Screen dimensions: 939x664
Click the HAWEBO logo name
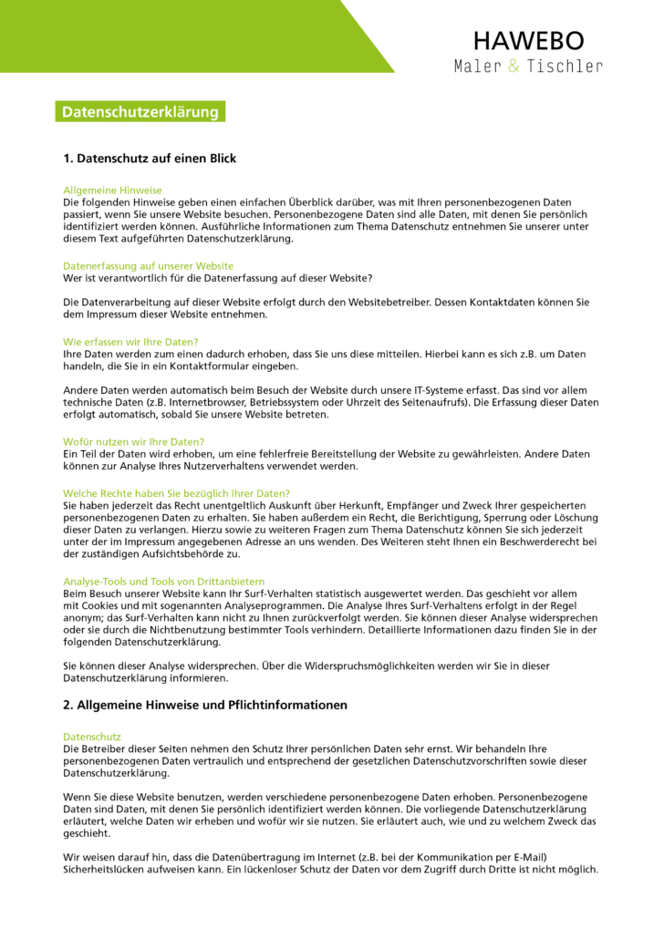[528, 40]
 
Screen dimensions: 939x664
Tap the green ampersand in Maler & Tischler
[514, 66]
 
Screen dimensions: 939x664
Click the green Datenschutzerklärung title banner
[140, 112]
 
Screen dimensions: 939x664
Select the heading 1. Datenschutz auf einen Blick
[150, 159]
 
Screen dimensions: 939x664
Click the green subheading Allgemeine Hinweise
[112, 191]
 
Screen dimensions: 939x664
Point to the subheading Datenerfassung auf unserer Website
[148, 266]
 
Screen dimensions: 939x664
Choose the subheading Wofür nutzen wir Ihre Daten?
[133, 441]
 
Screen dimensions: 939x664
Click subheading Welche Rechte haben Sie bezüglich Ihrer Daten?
[176, 493]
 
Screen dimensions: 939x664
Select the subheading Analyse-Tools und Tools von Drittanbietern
[163, 581]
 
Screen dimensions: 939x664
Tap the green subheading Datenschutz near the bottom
[91, 736]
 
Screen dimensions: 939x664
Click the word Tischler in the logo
[565, 66]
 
